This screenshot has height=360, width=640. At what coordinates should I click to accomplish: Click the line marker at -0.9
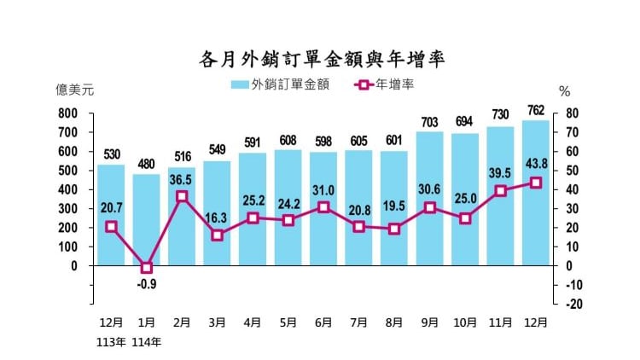coord(146,267)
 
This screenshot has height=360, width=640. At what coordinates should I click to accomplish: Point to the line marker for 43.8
coord(535,183)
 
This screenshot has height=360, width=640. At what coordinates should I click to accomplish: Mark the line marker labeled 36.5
coord(182,196)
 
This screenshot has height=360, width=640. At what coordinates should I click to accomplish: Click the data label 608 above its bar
coord(288,140)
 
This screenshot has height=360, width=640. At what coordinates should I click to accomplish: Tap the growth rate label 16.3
coord(218,219)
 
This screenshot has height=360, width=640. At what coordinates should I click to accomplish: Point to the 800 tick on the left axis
coord(67,113)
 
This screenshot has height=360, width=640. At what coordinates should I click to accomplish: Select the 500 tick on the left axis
coord(67,171)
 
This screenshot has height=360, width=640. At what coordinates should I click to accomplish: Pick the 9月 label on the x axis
coord(429,323)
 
